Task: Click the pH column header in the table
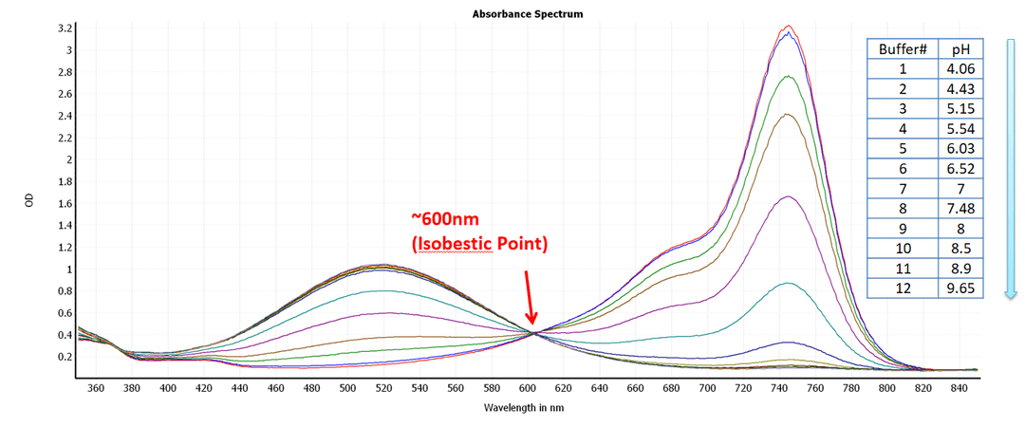[960, 49]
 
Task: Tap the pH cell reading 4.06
[960, 69]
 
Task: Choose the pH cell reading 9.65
[960, 288]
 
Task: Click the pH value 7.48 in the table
[960, 209]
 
